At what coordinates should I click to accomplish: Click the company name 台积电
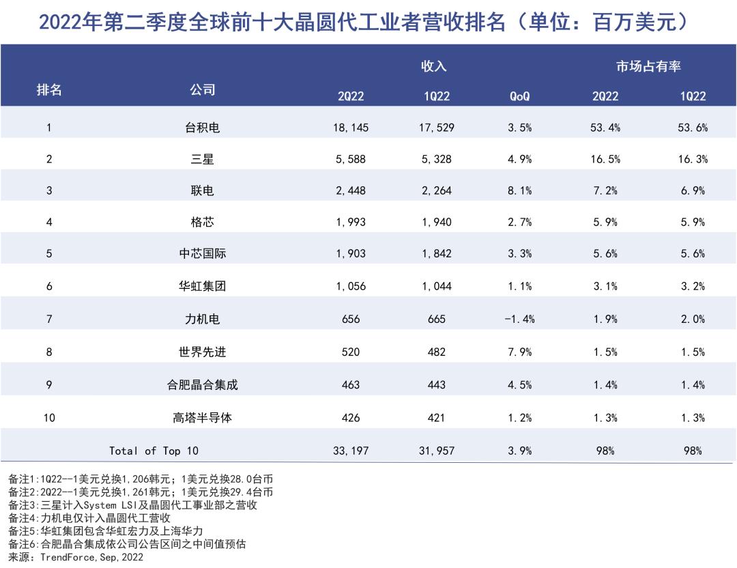pos(203,128)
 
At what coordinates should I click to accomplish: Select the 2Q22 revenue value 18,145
pos(351,128)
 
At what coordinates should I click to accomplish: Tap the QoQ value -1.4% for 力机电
pos(519,319)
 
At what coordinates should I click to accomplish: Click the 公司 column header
pos(203,90)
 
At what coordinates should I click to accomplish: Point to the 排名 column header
pos(49,90)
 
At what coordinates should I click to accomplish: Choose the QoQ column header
pos(519,96)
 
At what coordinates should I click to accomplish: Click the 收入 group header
pos(433,66)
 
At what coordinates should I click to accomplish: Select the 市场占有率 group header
pos(648,66)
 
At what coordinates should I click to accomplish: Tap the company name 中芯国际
pos(203,254)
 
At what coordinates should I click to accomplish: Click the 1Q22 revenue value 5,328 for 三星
pos(437,160)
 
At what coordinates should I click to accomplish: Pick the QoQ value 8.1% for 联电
pos(519,191)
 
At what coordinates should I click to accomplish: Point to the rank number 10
pos(49,418)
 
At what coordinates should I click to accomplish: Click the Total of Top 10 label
pos(154,451)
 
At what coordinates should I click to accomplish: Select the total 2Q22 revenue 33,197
pos(351,451)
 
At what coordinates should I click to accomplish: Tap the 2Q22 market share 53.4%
pos(605,128)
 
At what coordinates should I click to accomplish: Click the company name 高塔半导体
pos(203,418)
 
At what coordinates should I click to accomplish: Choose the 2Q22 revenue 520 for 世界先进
pos(351,352)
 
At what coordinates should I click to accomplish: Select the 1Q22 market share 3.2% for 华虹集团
pos(693,287)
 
